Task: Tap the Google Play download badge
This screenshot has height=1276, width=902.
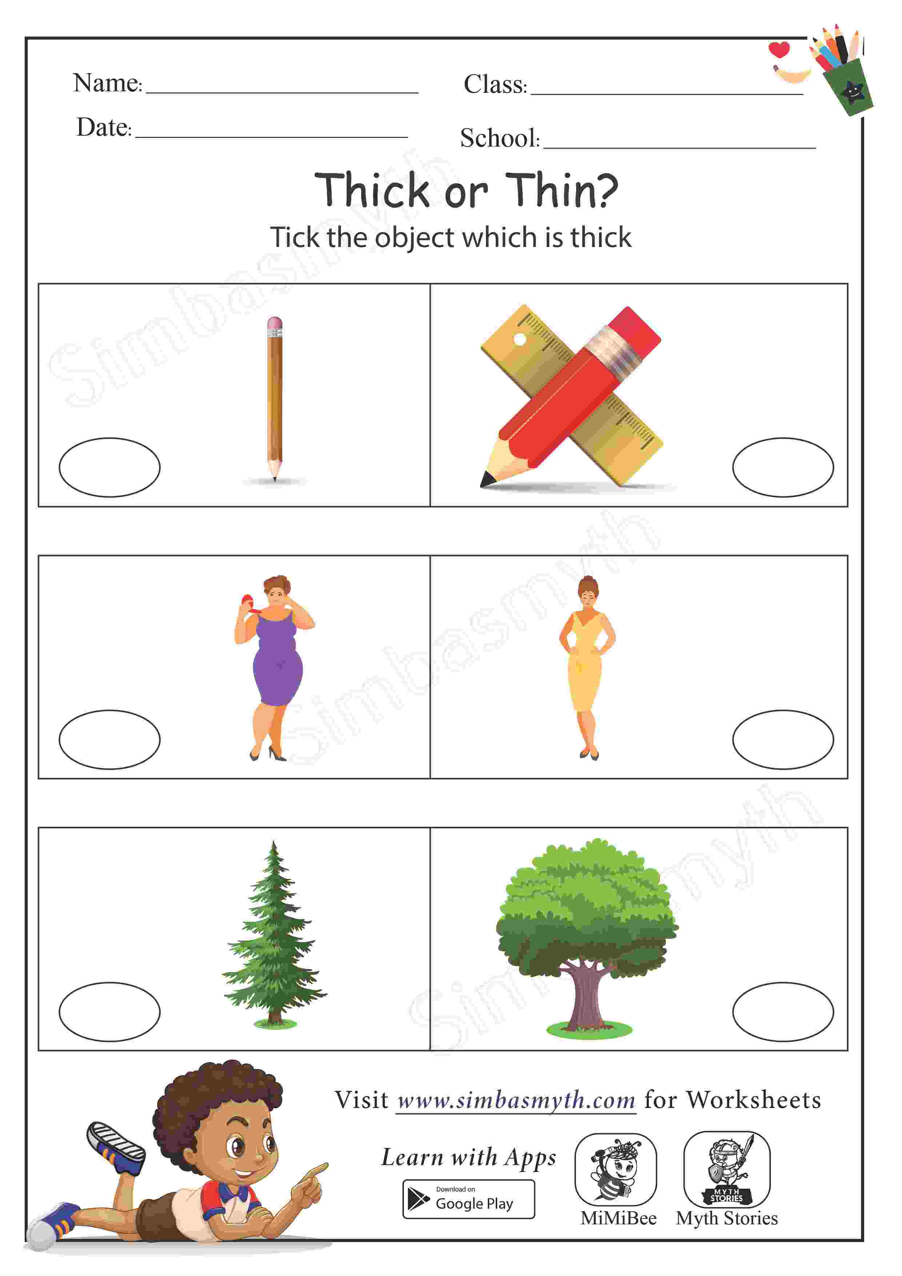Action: (x=468, y=1199)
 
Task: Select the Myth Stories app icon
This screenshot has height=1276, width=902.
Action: (x=727, y=1169)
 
